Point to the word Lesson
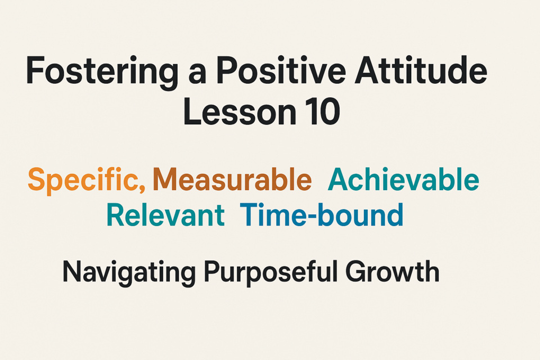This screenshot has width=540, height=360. [x=240, y=111]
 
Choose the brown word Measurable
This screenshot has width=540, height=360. [x=232, y=179]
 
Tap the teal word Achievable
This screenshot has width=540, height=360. [x=403, y=179]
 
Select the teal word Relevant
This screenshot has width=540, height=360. [x=165, y=215]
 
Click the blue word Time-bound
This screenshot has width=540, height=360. [x=322, y=214]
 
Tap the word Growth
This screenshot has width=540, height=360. [x=393, y=272]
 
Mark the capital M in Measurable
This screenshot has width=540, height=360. [x=165, y=179]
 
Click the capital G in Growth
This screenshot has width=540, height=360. [x=357, y=272]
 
